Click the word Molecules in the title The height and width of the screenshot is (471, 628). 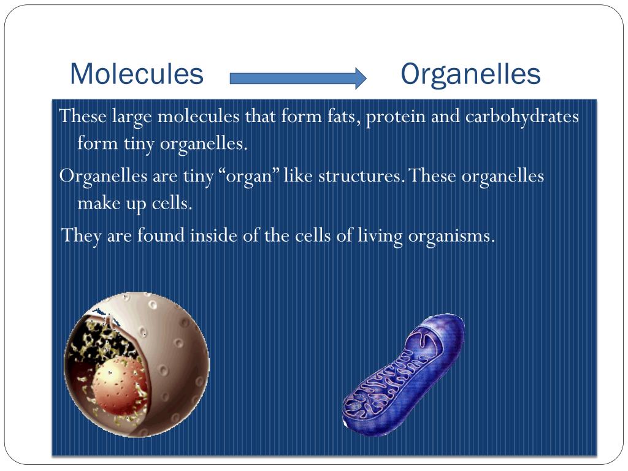coord(137,74)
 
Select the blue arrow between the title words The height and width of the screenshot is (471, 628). coord(298,77)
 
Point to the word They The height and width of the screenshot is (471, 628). coord(82,235)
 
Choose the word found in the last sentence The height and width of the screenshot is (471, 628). coord(161,235)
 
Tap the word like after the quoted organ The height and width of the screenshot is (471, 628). coord(298,175)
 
